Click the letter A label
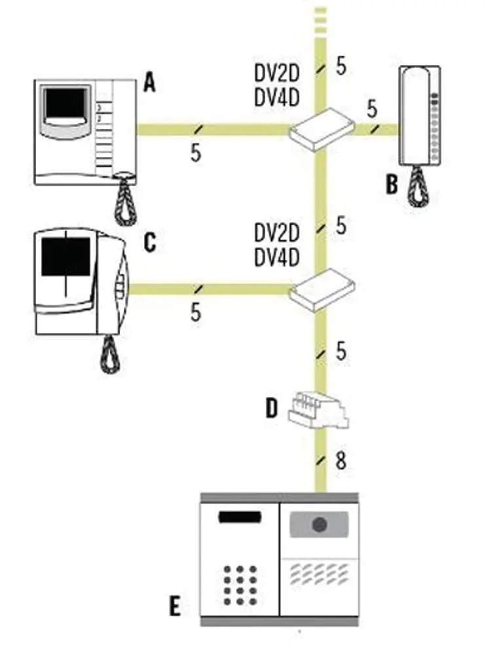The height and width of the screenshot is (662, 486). pos(150,83)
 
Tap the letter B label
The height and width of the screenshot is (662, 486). pos(392,184)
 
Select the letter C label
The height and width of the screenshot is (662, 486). pos(150,243)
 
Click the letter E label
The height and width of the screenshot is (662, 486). pos(174,607)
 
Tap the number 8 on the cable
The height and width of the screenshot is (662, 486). pos(341,461)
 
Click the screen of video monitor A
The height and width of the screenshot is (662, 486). pos(65,105)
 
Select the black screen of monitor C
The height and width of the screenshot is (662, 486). pos(65,256)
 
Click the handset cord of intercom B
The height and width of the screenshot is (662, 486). pos(417,187)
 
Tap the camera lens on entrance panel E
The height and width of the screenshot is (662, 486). pos(320,524)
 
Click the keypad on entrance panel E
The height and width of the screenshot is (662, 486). pos(240,585)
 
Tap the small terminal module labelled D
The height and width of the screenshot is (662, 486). pos(317,409)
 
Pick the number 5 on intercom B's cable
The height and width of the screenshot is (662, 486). pos(373,107)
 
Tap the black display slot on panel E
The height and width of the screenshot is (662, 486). pos(240,517)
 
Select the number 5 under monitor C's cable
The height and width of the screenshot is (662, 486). pos(196,312)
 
